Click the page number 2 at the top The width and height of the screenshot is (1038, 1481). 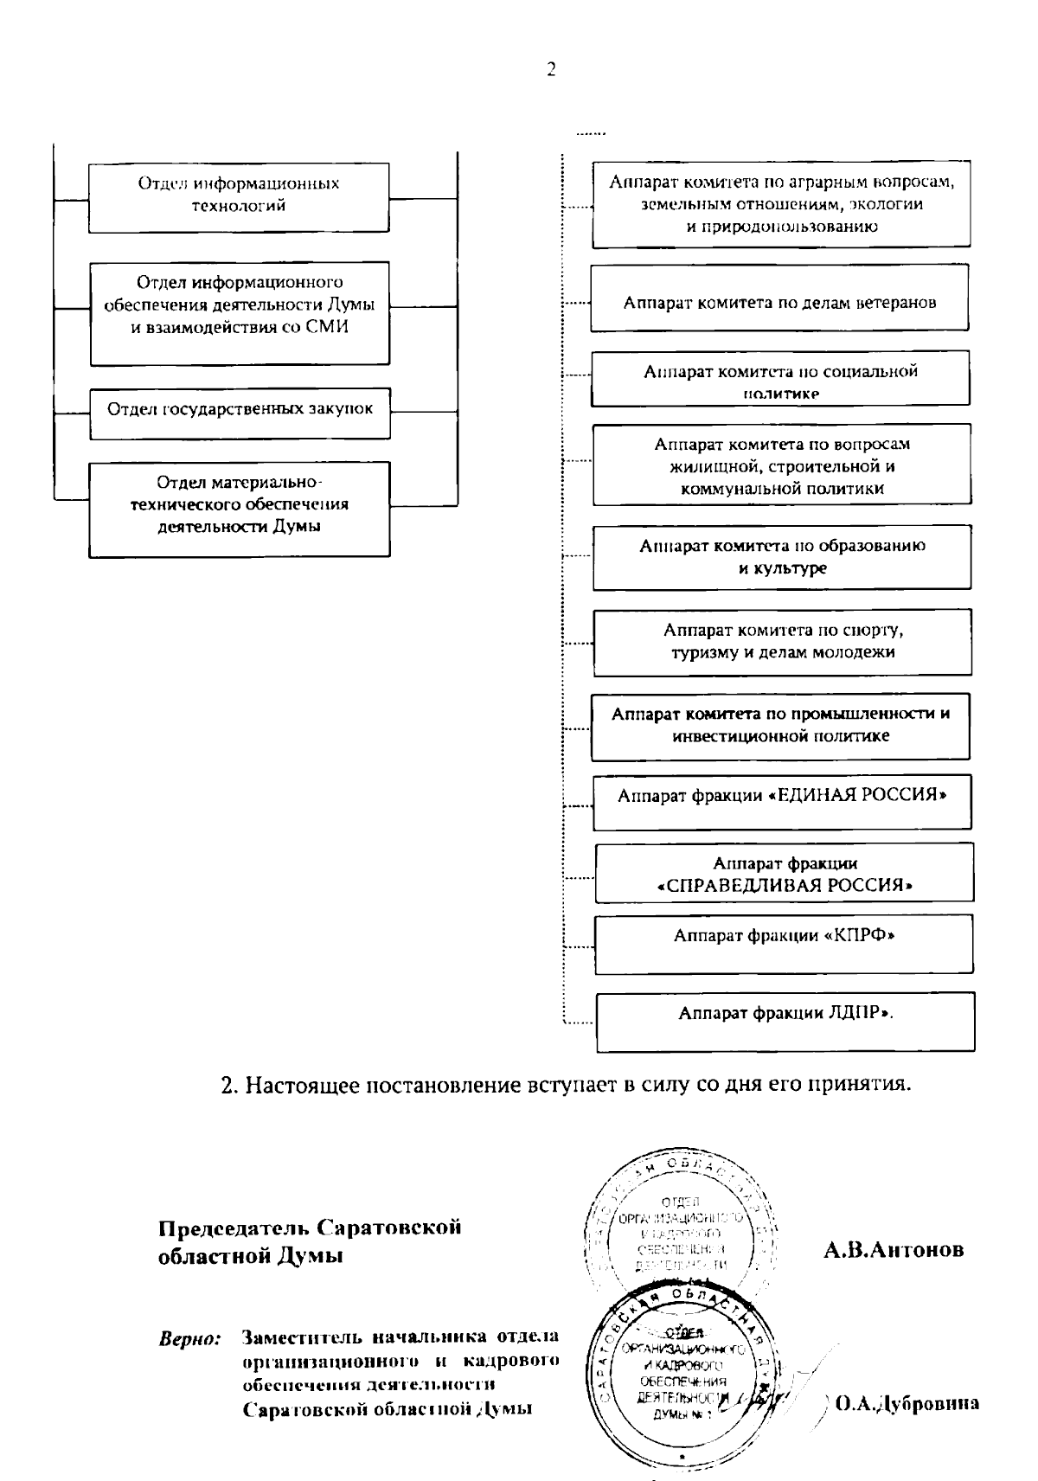point(550,70)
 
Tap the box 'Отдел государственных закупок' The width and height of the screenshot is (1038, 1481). point(240,409)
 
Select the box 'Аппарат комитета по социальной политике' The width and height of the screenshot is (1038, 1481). point(780,379)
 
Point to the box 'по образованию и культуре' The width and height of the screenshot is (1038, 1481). point(782,557)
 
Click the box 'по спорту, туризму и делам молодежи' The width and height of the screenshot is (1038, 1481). point(782,641)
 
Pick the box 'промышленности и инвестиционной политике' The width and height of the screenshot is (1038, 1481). point(780,726)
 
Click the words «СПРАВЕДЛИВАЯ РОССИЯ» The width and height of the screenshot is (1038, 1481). point(785,886)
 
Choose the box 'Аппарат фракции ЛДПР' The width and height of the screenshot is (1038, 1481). point(785,1014)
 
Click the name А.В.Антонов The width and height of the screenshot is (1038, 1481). point(894,1250)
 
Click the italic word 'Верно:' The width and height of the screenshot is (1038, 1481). point(190,1340)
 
